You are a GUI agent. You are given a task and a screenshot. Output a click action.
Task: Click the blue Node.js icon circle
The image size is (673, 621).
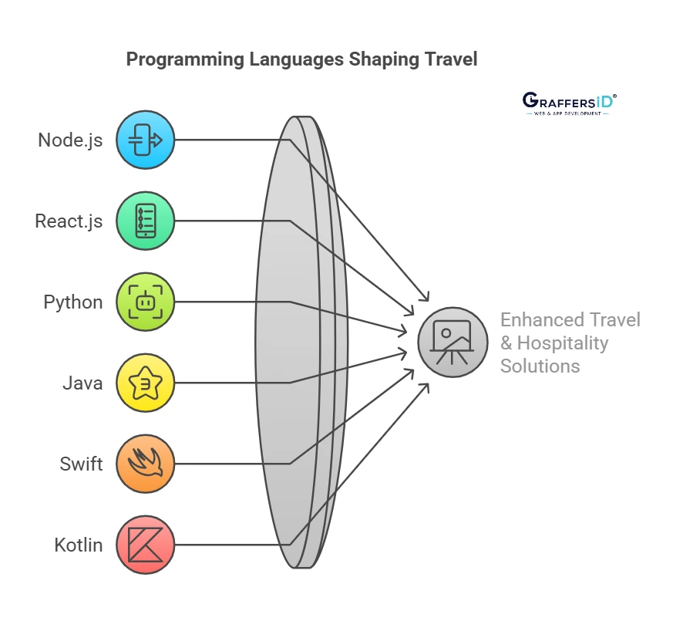point(146,140)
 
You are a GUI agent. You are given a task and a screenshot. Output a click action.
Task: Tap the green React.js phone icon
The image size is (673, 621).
point(146,221)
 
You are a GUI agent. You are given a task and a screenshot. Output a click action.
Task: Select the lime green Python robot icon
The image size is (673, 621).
point(146,302)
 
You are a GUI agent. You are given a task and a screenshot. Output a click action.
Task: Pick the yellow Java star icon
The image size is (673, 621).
point(146,383)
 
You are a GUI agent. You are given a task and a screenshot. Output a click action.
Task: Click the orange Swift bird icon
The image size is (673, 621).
point(146,464)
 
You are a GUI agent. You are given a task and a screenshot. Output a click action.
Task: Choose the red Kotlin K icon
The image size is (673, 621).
point(146,545)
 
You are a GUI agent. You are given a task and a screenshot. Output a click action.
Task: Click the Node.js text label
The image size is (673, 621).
point(70,140)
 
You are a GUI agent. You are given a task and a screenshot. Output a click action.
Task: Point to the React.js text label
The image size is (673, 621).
point(69,221)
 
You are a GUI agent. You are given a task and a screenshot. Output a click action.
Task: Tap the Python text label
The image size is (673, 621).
point(73,302)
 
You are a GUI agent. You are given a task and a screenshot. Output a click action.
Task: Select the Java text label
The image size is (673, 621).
point(82,383)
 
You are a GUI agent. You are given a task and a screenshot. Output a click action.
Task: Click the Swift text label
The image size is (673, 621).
point(81,464)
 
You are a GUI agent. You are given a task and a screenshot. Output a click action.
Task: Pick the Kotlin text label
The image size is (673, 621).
point(79,545)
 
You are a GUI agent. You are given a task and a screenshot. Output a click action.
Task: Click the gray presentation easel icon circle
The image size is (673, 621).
point(453,343)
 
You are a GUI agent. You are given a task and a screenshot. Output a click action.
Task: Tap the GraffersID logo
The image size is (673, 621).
point(569,104)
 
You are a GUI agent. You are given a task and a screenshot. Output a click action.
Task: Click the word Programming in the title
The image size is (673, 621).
point(185,59)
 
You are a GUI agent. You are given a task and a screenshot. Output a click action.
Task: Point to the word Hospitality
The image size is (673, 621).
point(563,343)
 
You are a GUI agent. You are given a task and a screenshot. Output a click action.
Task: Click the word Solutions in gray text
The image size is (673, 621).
point(540,366)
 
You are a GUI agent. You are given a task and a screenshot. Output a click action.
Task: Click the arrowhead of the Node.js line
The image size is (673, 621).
point(425,296)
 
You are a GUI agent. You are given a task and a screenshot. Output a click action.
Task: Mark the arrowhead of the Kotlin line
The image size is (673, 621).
point(425,388)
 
